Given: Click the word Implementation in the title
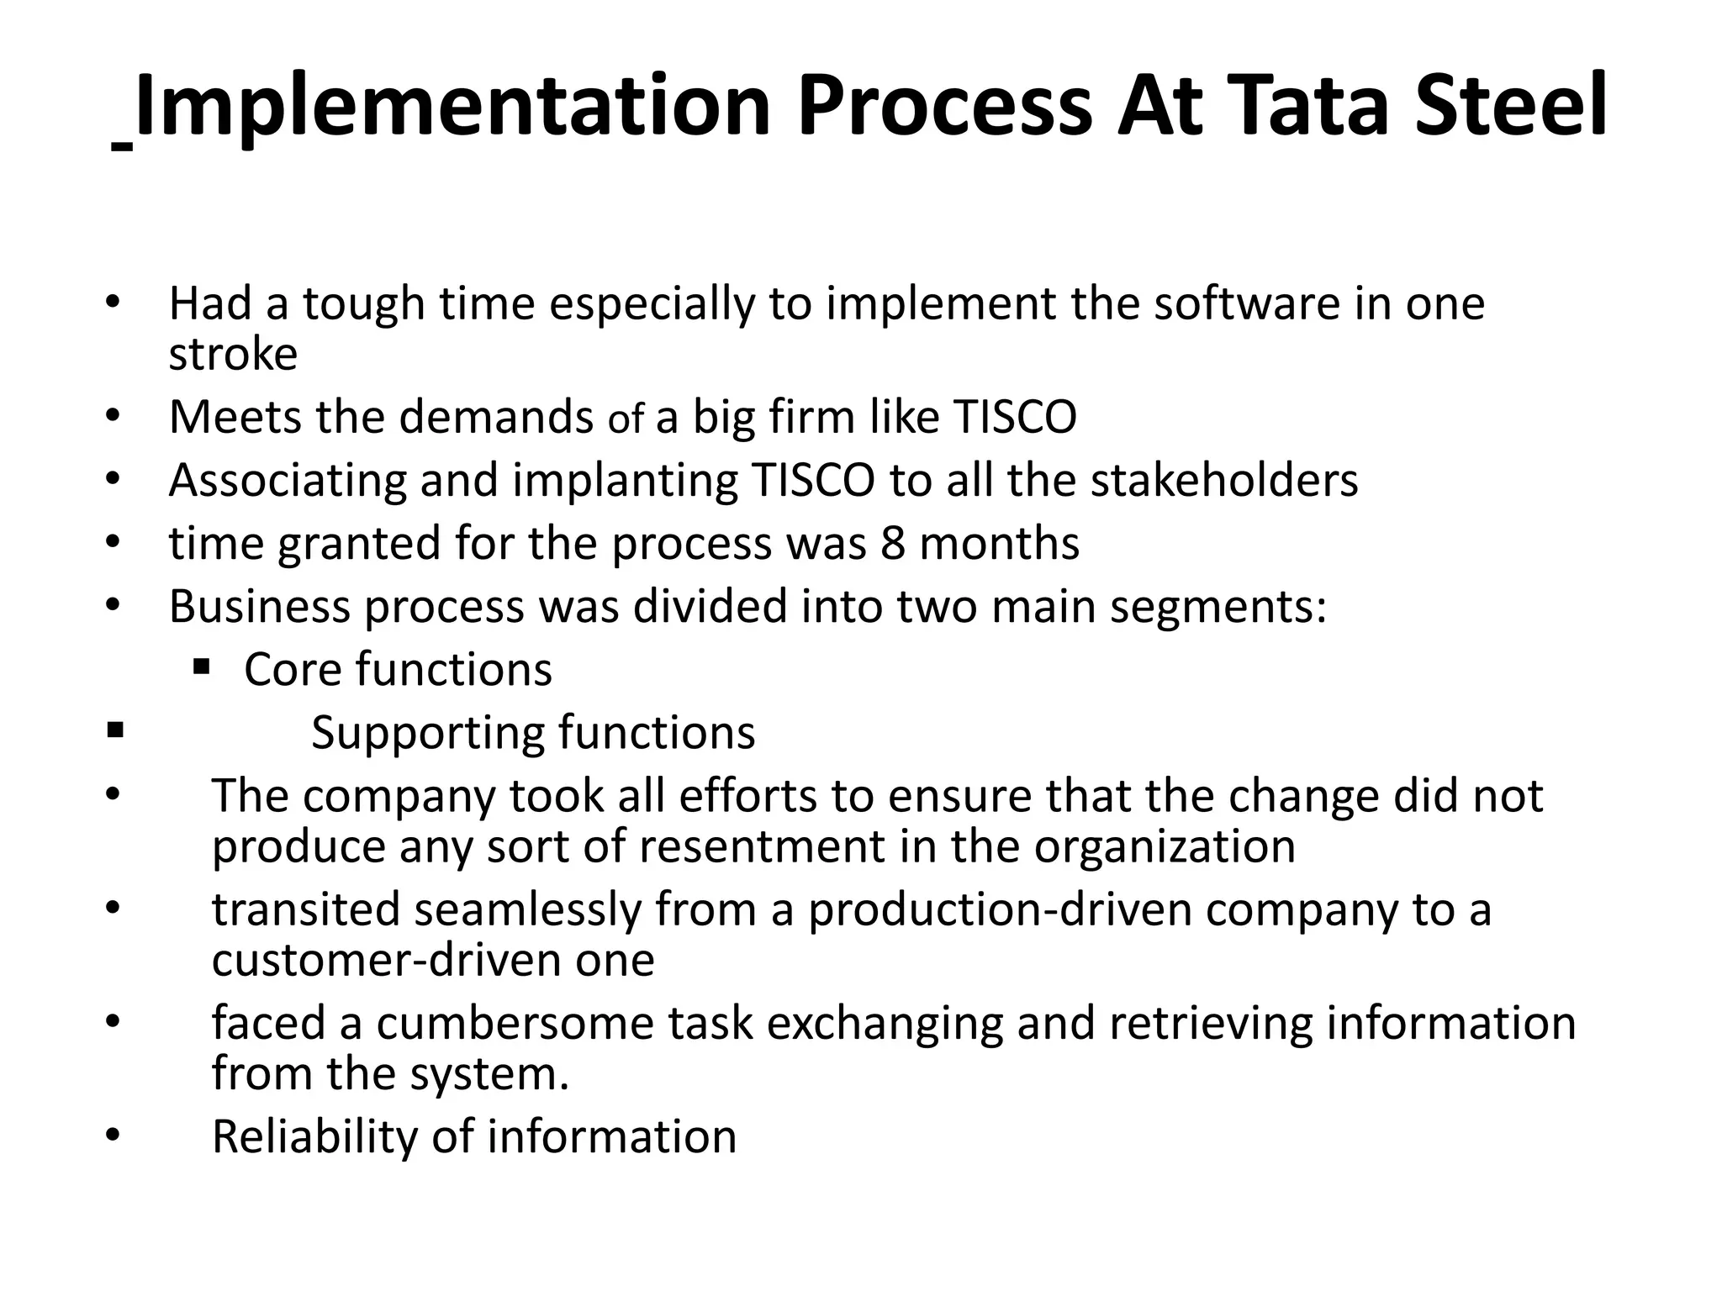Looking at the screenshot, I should tap(452, 107).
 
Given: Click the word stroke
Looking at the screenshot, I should tap(233, 354).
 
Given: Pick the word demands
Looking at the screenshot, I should tap(496, 417).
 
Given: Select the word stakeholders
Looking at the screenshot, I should tap(1224, 480).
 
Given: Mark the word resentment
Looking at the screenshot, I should tap(762, 846).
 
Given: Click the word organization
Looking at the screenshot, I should tap(1165, 846).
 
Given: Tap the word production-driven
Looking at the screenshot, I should tap(1000, 909).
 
